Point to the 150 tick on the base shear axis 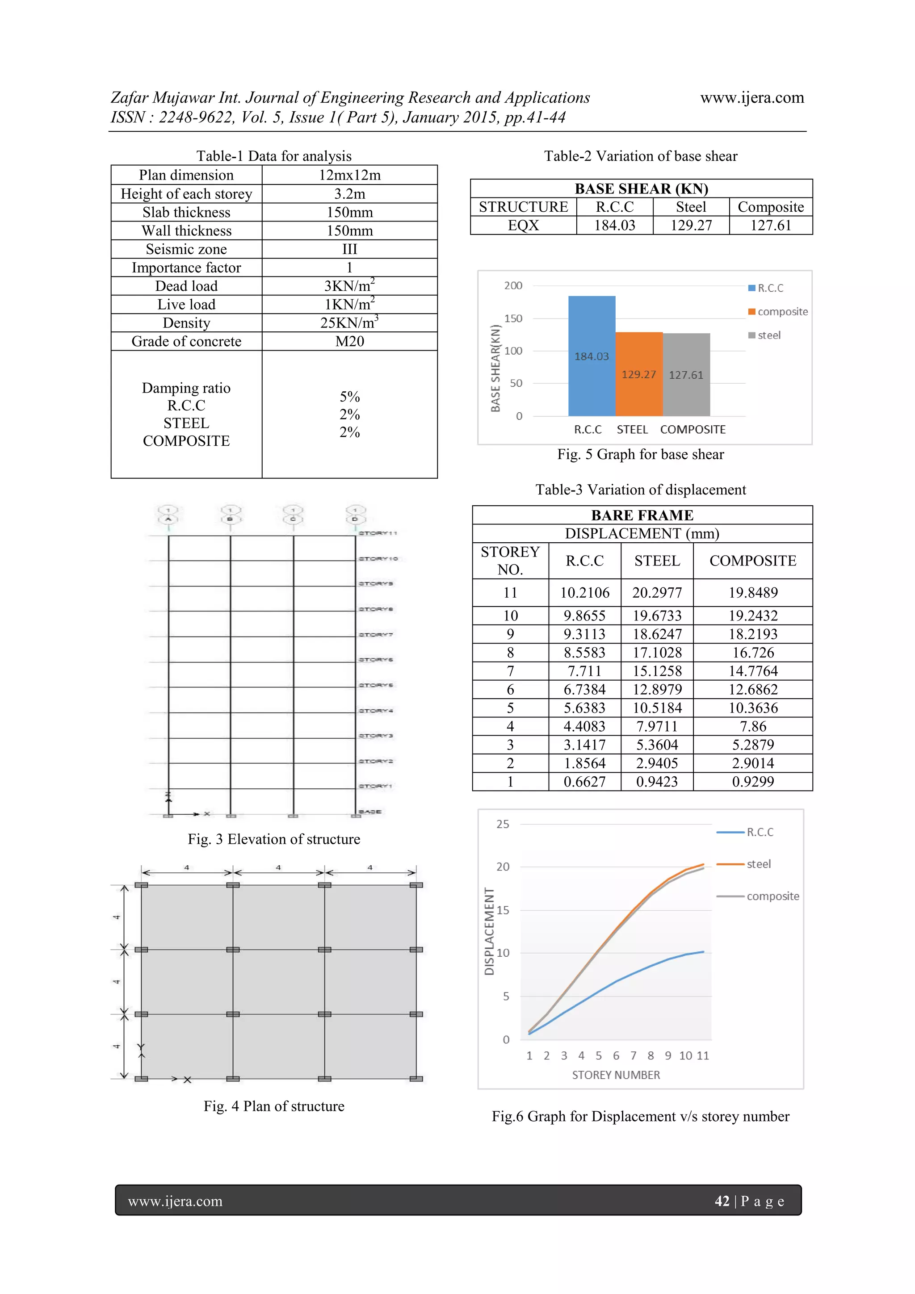[x=513, y=318]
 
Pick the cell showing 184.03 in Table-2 [x=614, y=226]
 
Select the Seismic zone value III [x=349, y=249]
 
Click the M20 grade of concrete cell [x=349, y=342]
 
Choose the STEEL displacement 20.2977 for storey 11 [x=657, y=593]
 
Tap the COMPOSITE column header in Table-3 [x=753, y=561]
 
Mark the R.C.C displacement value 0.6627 [x=585, y=782]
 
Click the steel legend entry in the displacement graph [x=758, y=864]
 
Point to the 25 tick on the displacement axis [x=502, y=824]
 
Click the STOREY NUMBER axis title [x=616, y=1075]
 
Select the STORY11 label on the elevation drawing [x=378, y=532]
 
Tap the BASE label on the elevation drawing [x=370, y=812]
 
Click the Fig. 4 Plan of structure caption [x=274, y=1106]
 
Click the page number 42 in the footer [x=722, y=1201]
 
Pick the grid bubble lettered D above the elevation [x=355, y=519]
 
